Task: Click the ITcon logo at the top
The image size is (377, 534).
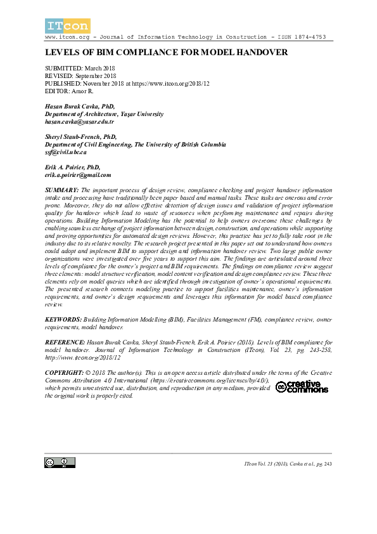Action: tap(67, 26)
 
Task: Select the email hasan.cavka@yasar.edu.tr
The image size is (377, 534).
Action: tap(79, 121)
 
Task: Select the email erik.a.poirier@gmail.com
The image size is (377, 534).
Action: tap(78, 175)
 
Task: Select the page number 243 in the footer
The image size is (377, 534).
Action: tap(327, 465)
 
